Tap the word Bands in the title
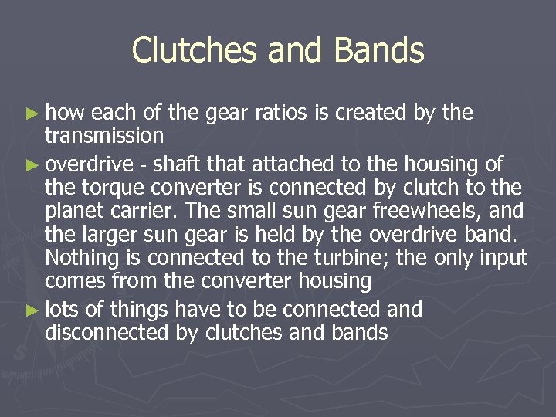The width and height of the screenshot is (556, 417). [x=379, y=51]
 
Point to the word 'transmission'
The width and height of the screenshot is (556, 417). [x=103, y=136]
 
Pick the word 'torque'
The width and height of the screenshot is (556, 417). [x=107, y=187]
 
